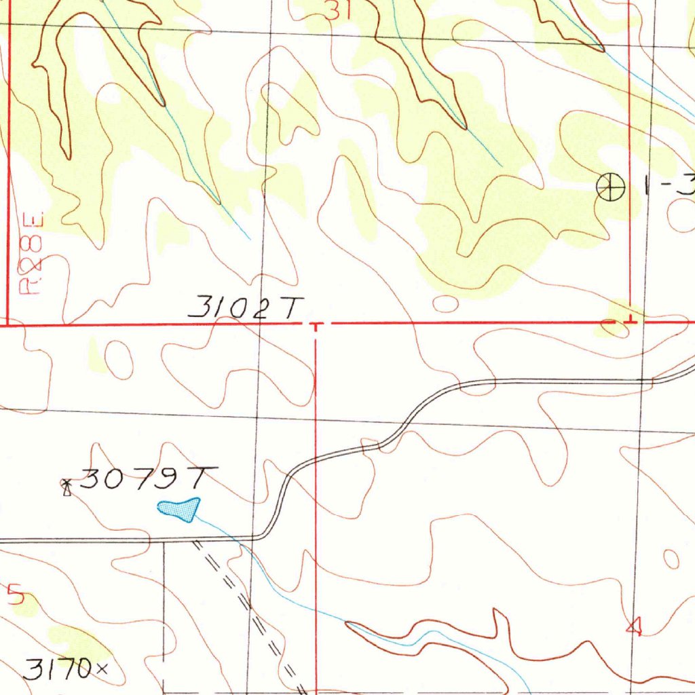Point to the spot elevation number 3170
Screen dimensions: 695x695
coord(57,670)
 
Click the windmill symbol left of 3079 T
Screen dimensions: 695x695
coord(67,487)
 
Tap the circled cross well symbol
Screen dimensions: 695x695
coord(610,187)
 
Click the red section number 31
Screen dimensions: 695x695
coord(338,10)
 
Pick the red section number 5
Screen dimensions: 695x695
coord(16,595)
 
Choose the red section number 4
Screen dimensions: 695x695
coord(634,628)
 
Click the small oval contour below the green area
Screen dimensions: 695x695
coord(445,303)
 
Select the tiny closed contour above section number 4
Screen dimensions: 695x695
coord(671,559)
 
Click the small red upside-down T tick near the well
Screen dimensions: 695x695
coord(630,318)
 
